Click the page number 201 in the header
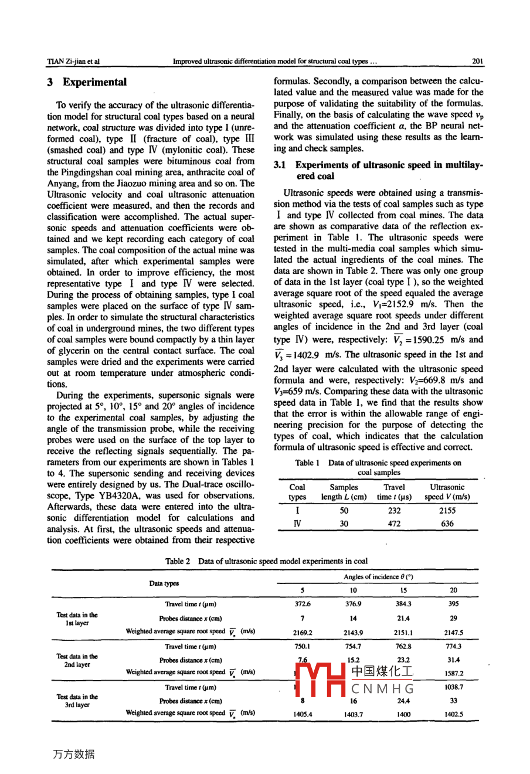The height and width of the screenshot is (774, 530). pyautogui.click(x=477, y=61)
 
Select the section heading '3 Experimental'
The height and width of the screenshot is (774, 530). pyautogui.click(x=87, y=82)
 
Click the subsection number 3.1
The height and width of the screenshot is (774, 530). pyautogui.click(x=280, y=165)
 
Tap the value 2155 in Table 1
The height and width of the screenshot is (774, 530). pyautogui.click(x=447, y=511)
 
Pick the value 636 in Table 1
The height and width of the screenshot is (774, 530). pyautogui.click(x=447, y=524)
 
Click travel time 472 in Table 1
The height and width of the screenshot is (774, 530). pyautogui.click(x=394, y=524)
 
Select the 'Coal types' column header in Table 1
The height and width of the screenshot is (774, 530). pyautogui.click(x=297, y=492)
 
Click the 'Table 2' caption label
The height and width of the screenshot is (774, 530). pyautogui.click(x=178, y=561)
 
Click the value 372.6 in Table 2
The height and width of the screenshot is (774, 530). pyautogui.click(x=303, y=603)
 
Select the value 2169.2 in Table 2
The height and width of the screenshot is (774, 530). pyautogui.click(x=303, y=633)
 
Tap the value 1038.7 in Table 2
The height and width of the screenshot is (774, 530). pyautogui.click(x=454, y=687)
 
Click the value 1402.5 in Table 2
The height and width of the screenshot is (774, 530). pyautogui.click(x=454, y=715)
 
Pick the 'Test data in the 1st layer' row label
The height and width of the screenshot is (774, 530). pyautogui.click(x=77, y=619)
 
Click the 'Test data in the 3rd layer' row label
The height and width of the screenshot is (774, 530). pyautogui.click(x=77, y=701)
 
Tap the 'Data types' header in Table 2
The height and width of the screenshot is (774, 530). pyautogui.click(x=164, y=583)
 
